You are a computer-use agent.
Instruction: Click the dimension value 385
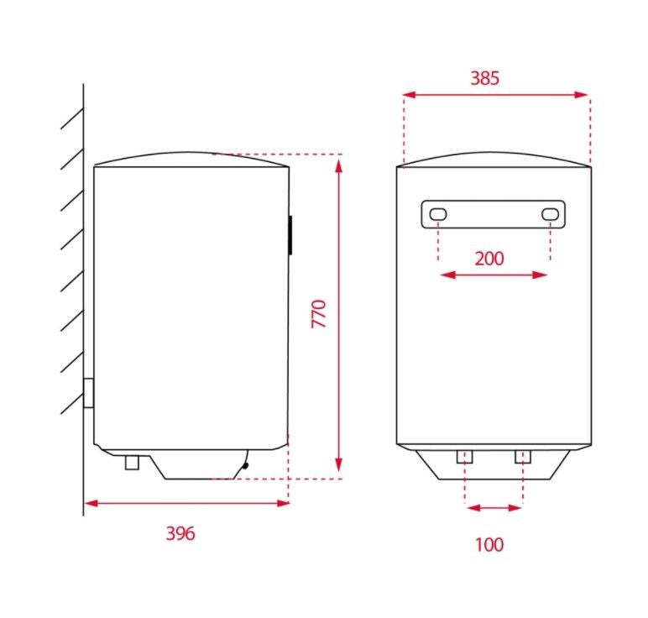pos(484,78)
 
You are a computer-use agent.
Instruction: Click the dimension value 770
pos(318,312)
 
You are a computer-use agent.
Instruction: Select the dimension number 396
pos(180,533)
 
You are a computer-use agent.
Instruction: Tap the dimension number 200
pos(489,258)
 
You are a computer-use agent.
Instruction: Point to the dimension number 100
pos(489,545)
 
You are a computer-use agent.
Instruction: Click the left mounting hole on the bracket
pos(438,215)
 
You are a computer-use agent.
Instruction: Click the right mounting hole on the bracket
pos(550,215)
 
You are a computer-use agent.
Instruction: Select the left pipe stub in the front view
pos(465,457)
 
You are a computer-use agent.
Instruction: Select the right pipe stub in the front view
pos(523,457)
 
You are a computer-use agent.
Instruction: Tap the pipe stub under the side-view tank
pos(131,462)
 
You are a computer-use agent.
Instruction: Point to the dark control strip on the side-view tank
pos(290,235)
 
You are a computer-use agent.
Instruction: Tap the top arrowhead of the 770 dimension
pos(339,163)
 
